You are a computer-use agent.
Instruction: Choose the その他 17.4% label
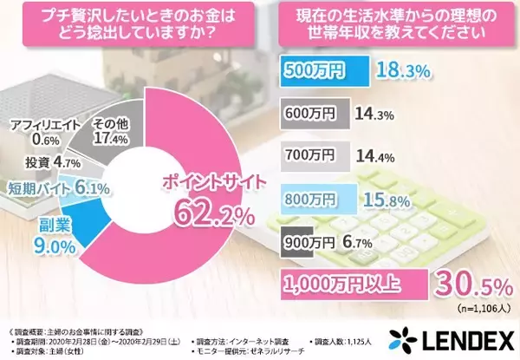click(x=110, y=130)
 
